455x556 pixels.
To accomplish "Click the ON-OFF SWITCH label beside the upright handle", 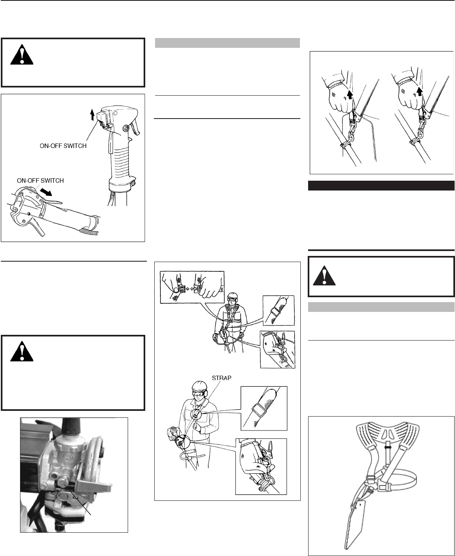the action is (x=61, y=146).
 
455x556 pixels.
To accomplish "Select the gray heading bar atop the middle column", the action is (x=227, y=43).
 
